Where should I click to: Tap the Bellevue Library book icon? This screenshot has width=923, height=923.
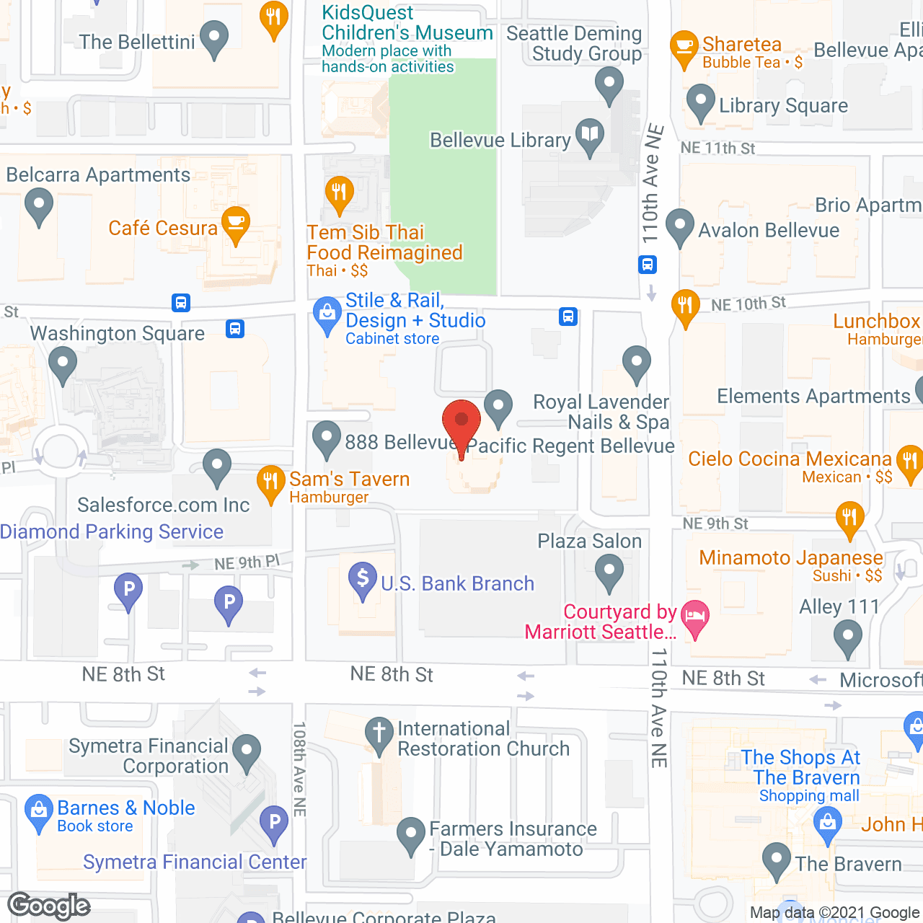click(x=590, y=134)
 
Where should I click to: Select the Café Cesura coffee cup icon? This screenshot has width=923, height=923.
click(x=236, y=223)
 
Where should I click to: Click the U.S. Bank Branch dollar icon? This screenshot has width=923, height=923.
click(x=363, y=578)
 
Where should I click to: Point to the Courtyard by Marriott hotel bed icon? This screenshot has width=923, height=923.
click(x=695, y=617)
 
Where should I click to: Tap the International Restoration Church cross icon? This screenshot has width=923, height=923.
click(x=379, y=733)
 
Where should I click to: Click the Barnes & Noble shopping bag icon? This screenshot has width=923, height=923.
click(x=39, y=809)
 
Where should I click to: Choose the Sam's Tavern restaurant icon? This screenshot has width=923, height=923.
click(x=271, y=480)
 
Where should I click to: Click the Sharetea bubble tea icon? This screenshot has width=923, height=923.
click(x=684, y=47)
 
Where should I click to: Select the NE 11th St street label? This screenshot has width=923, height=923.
click(x=717, y=149)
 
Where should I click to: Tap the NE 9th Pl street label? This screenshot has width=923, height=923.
click(x=247, y=562)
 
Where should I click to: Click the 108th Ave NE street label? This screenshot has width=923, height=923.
click(x=300, y=769)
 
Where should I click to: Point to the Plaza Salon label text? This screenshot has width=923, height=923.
click(x=589, y=542)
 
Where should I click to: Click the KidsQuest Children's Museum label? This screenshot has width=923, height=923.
click(x=407, y=23)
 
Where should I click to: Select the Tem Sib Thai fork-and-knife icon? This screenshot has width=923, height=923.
click(x=339, y=193)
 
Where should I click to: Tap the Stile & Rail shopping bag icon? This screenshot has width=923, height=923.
click(x=327, y=314)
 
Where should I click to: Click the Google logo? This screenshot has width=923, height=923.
click(x=49, y=906)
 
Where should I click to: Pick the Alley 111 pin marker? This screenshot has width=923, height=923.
click(x=847, y=637)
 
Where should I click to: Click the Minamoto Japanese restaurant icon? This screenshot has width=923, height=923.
click(x=850, y=518)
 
